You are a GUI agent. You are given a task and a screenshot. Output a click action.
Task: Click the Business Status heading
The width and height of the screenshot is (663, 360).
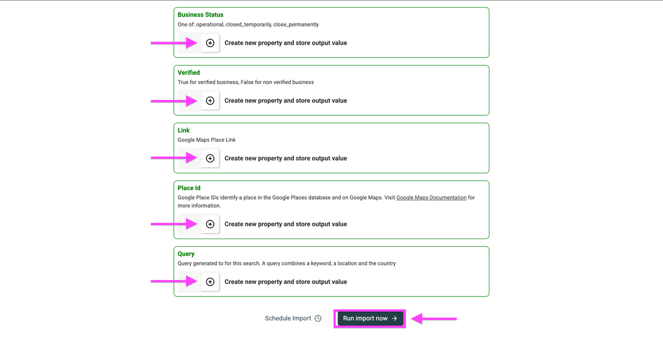[x=201, y=15]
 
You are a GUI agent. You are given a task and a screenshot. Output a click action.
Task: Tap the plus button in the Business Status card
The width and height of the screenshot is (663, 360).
[x=210, y=43]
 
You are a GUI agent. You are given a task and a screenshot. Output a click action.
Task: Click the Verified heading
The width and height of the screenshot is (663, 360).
[x=188, y=72]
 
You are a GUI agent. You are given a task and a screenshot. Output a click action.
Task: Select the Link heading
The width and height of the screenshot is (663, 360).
[x=183, y=130]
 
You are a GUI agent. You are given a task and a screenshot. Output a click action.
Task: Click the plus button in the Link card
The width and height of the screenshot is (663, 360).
[x=210, y=158]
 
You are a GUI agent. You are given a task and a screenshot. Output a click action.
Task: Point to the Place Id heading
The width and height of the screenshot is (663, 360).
[x=189, y=188]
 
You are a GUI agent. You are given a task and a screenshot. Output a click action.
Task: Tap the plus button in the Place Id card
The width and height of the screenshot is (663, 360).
[x=210, y=224]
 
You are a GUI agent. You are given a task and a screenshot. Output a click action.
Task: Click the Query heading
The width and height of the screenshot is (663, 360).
[x=186, y=254]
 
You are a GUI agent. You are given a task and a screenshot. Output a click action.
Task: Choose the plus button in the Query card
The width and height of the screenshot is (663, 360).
[x=210, y=282]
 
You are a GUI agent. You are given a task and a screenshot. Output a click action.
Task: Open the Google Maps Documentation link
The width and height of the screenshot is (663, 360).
[x=432, y=198]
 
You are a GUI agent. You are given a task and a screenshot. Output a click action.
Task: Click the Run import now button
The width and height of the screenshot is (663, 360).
[x=370, y=318]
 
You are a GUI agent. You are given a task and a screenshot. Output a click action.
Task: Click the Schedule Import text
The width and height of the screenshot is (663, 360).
[x=288, y=318]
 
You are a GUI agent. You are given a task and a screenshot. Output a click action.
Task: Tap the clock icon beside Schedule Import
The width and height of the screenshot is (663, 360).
[x=318, y=318]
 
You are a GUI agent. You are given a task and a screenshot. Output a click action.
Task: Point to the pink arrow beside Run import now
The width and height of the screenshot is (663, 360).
[x=434, y=319]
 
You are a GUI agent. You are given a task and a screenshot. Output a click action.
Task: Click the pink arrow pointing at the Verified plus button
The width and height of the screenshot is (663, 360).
[x=174, y=101]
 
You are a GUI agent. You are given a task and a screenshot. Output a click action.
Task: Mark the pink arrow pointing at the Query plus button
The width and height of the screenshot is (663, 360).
[x=174, y=281]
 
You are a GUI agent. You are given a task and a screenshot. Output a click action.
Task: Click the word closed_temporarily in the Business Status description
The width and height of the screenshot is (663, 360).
[x=249, y=24]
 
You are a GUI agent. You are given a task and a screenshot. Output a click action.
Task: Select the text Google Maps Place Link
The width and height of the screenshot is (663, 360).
[x=207, y=140]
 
